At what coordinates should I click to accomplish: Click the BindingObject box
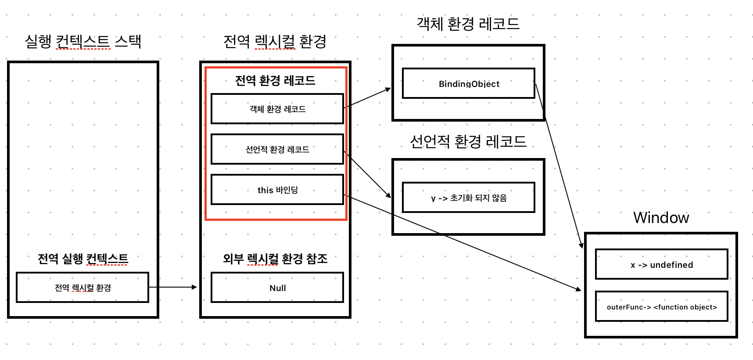click(x=468, y=83)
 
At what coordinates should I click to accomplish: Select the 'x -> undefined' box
click(x=661, y=264)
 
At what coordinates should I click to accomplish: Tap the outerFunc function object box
click(x=661, y=306)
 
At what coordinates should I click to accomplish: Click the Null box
click(x=277, y=288)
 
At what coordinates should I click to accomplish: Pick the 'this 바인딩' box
click(x=277, y=190)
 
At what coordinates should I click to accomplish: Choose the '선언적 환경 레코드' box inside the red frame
click(x=277, y=149)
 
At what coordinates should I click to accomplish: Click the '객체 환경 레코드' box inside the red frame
click(x=277, y=109)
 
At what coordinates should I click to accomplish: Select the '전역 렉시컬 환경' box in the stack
click(x=82, y=288)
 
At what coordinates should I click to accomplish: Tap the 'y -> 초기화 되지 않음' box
click(x=468, y=198)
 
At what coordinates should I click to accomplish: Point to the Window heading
click(x=661, y=217)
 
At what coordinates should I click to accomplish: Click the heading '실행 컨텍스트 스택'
click(x=83, y=42)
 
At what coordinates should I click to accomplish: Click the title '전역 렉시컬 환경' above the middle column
click(x=275, y=42)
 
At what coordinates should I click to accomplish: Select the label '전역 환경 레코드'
click(x=275, y=80)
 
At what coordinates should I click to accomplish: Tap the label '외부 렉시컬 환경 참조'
click(x=275, y=259)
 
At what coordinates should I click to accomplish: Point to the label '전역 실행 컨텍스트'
click(x=83, y=259)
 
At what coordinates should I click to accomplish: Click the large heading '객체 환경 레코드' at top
click(x=468, y=24)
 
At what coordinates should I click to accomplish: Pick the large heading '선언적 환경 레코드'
click(x=468, y=141)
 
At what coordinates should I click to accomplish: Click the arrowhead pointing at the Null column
click(x=194, y=287)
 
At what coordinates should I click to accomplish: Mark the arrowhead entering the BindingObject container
click(x=388, y=89)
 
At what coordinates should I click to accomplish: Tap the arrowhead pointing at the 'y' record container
click(x=388, y=195)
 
